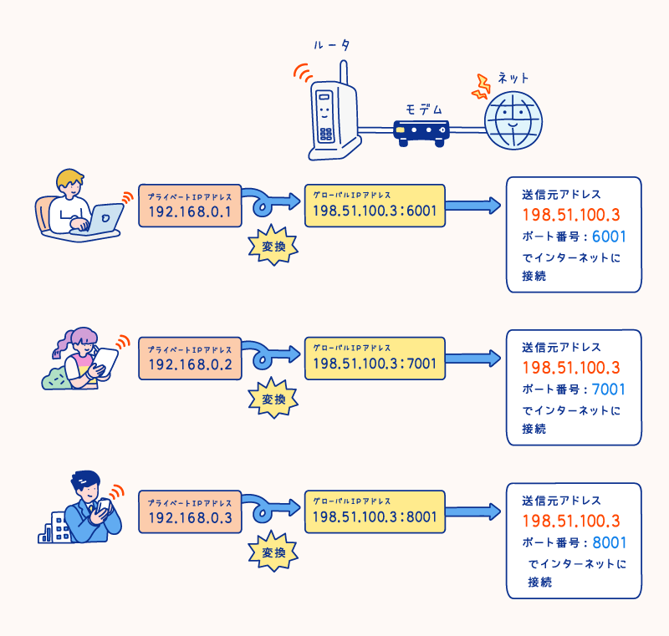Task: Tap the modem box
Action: [x=421, y=131]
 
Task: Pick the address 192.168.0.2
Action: [x=190, y=364]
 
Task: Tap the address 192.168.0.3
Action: [x=190, y=518]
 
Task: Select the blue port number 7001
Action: [x=608, y=389]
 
